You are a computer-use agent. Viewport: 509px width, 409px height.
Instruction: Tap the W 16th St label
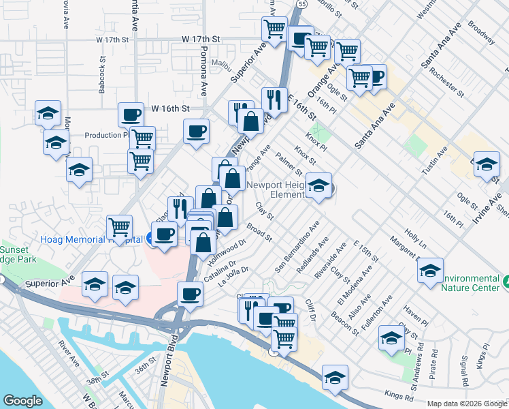(x=170, y=108)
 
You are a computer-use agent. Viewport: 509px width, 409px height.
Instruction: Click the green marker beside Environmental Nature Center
(x=507, y=280)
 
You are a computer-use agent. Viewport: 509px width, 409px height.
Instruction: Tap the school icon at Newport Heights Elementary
(x=318, y=186)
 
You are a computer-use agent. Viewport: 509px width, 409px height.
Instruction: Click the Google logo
(x=22, y=401)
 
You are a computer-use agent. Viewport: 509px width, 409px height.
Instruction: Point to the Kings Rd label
(x=398, y=395)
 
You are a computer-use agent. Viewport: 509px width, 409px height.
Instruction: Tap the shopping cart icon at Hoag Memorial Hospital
(x=120, y=226)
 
